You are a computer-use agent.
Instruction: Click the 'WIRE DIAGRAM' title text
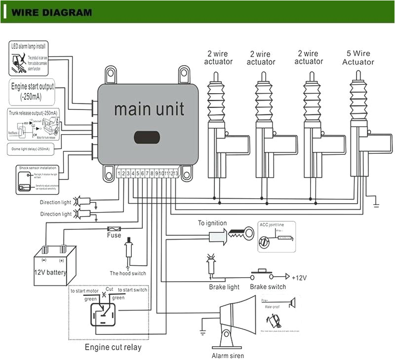point(51,12)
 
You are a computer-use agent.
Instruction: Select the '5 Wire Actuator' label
point(358,58)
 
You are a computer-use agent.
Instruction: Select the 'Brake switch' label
point(268,287)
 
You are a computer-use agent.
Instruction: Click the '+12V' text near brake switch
point(299,278)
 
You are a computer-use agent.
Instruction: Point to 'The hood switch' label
point(128,273)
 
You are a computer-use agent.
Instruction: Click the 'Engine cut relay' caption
point(113,347)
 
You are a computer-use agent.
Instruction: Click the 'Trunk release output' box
point(32,125)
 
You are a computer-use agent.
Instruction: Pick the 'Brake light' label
point(224,287)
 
